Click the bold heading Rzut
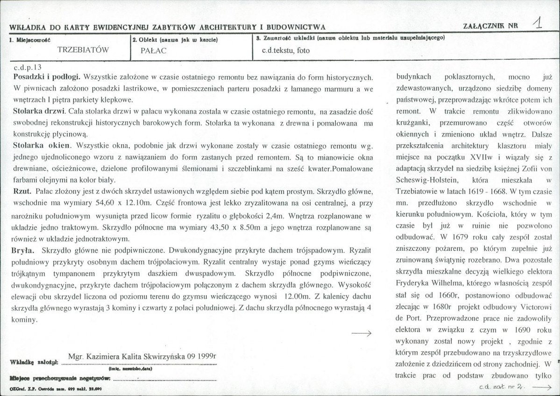tap(23, 191)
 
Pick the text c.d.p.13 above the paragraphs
tap(28, 67)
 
